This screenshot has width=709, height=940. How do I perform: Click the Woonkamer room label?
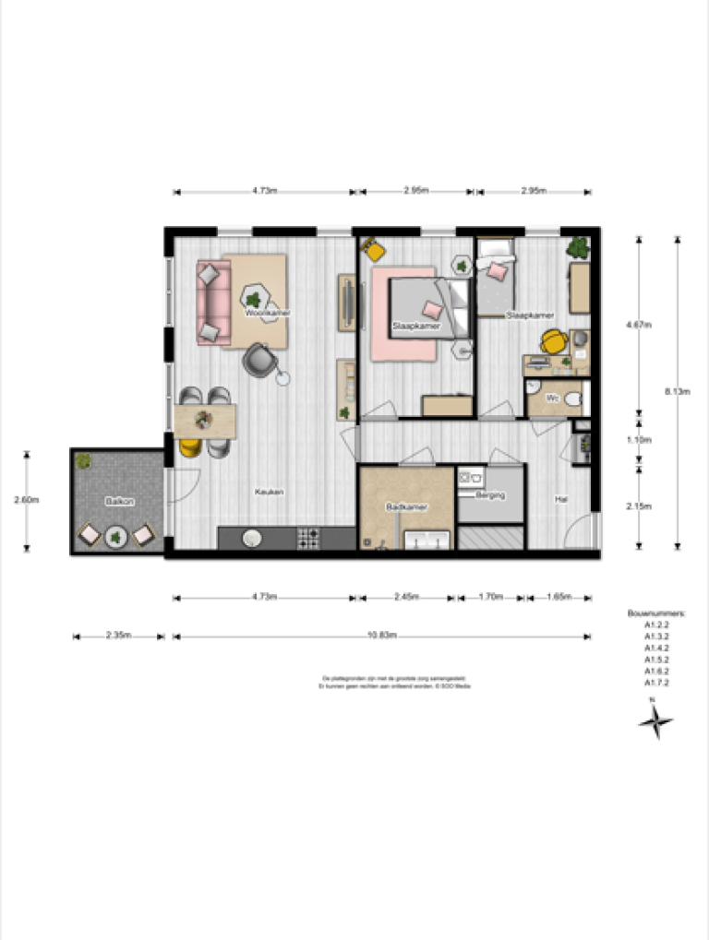point(268,314)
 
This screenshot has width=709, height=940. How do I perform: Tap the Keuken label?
point(269,492)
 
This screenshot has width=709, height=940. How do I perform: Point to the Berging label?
point(490,495)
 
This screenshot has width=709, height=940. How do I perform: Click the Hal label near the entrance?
point(560,499)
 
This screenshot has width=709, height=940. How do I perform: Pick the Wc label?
point(551,398)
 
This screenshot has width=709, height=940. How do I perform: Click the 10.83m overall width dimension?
point(380,636)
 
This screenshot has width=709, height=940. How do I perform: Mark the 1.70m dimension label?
point(490,597)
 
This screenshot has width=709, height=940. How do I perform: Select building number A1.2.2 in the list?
point(656,624)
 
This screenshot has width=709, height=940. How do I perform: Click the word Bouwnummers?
point(656,612)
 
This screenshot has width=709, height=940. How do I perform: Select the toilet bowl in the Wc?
point(573,399)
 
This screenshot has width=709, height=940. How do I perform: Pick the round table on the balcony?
point(116,535)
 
